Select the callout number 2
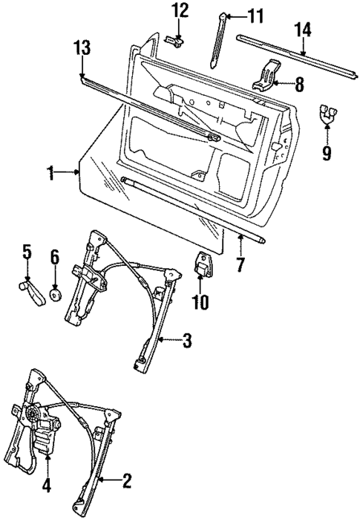[127, 480]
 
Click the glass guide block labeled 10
[202, 266]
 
